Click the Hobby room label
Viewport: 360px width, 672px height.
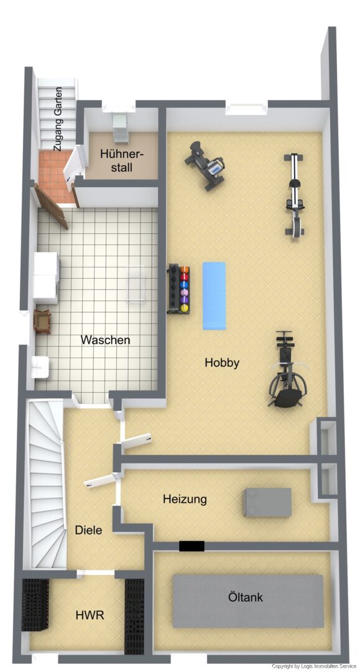point(222,363)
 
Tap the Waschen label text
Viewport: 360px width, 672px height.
point(105,340)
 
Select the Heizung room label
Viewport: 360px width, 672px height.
point(185,499)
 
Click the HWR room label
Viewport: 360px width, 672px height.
point(90,615)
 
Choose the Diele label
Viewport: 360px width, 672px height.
point(89,530)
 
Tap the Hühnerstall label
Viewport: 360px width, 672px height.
point(122,161)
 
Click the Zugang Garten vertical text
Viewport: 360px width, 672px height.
point(58,119)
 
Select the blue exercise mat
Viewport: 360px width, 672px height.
point(214,296)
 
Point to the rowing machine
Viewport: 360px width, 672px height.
point(294,195)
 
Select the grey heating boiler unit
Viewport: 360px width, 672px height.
point(267,502)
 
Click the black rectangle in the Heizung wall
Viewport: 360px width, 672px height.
point(192,546)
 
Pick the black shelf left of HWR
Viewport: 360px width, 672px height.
point(35,605)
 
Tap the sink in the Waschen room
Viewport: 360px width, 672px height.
point(40,367)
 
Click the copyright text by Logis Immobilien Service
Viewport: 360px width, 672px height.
point(314,666)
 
